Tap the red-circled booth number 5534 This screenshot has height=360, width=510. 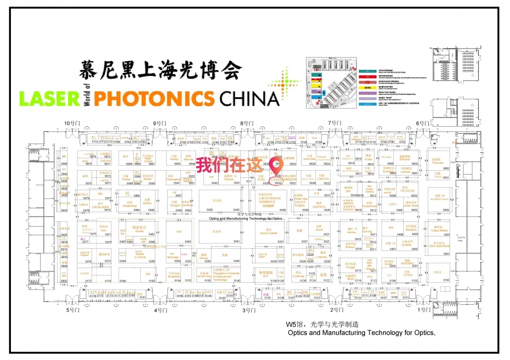pos(279,183)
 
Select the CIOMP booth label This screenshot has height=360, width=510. pos(268,206)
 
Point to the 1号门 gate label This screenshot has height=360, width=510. pos(425,310)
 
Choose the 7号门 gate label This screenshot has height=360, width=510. pos(335,123)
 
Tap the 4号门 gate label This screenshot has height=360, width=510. pos(161,310)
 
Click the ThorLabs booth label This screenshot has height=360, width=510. pos(437,163)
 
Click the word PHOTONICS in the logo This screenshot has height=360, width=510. pos(154,98)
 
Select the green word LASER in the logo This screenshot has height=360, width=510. pos(49,98)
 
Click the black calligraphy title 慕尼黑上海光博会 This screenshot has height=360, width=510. pos(161,70)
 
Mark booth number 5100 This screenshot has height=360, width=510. pos(446,280)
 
